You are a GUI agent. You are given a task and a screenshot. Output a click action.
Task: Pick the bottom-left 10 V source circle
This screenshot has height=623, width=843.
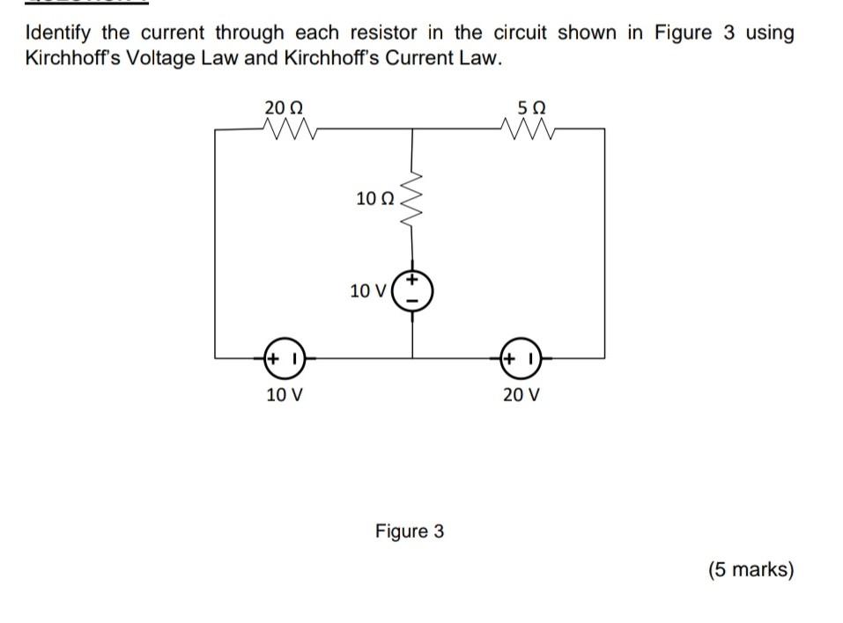coord(284,359)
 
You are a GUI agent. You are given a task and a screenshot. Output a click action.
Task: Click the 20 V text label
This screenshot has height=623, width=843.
coord(521,394)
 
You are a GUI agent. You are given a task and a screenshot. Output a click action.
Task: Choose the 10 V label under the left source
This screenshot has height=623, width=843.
coord(284,394)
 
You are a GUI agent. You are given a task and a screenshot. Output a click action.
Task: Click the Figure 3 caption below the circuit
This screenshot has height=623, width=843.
coord(410,531)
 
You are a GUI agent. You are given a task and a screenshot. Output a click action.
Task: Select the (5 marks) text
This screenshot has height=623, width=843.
coord(751,569)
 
